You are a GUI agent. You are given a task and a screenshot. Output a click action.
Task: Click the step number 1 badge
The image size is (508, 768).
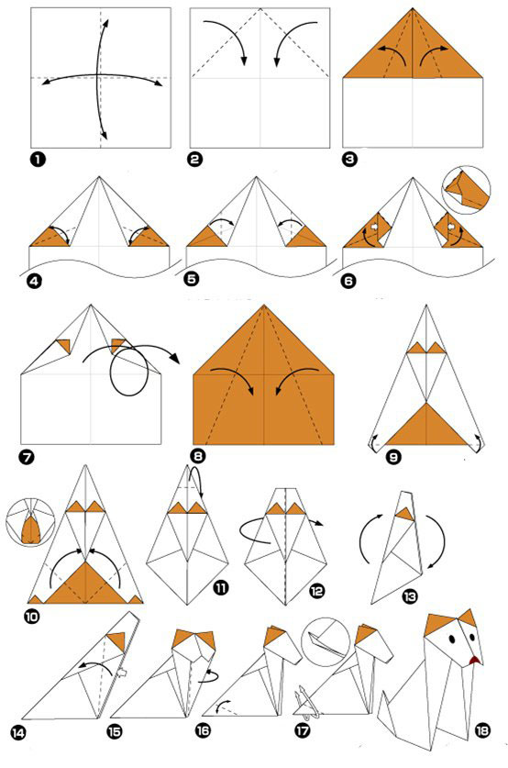(x=38, y=159)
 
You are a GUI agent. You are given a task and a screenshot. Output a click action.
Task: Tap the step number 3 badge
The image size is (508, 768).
(x=350, y=159)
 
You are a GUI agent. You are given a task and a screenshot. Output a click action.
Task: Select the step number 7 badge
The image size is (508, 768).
(x=26, y=458)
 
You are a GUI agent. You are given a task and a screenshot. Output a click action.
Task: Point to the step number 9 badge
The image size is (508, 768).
(x=393, y=458)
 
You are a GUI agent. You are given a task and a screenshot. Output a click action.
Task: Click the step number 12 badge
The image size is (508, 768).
(x=316, y=592)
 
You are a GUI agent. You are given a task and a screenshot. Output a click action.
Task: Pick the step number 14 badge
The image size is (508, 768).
(x=17, y=734)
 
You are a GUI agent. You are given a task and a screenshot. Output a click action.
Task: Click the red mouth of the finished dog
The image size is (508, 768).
(x=474, y=661)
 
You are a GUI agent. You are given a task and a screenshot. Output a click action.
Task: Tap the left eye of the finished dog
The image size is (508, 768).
(x=451, y=640)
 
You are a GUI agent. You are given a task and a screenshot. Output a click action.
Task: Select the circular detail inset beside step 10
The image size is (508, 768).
(x=30, y=521)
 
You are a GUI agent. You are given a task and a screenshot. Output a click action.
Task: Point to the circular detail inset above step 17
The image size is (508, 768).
(x=326, y=641)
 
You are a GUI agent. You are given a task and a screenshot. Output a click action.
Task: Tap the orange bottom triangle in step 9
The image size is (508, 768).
(x=426, y=424)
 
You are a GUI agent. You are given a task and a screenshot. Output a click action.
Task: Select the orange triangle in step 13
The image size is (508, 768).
(x=405, y=514)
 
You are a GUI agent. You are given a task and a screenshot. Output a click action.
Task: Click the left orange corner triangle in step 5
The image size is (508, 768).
(x=206, y=237)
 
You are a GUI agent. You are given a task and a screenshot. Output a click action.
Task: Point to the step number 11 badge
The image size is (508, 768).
(x=221, y=586)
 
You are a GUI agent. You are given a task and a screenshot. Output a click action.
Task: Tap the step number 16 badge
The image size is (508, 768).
(x=203, y=730)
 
